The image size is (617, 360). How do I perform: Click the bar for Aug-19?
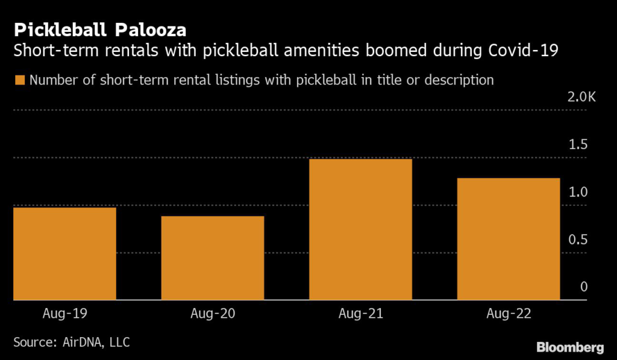(x=64, y=253)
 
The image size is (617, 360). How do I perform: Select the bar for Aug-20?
(x=212, y=257)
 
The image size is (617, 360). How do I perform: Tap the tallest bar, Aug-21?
(x=360, y=229)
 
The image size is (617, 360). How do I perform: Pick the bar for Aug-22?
(x=509, y=239)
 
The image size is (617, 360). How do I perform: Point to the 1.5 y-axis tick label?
(x=578, y=145)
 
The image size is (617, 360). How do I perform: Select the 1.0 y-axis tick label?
(x=578, y=192)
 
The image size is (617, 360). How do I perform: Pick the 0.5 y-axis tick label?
(x=578, y=240)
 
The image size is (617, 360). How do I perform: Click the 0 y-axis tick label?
(x=584, y=287)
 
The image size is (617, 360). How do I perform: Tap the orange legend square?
(x=20, y=80)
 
